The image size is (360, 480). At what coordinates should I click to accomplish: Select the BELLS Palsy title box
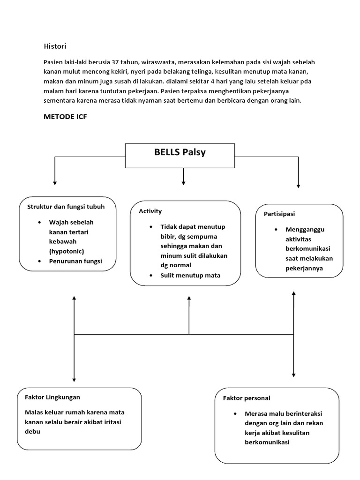pos(180,153)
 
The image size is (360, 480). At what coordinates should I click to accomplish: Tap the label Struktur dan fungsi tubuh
pos(66,206)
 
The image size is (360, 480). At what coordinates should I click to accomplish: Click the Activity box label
pos(150,211)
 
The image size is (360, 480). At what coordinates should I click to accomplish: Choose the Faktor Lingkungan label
pos(52,397)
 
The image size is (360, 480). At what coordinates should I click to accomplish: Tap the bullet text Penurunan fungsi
pos(75,261)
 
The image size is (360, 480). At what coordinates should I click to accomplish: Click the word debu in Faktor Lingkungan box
pos(33,431)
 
